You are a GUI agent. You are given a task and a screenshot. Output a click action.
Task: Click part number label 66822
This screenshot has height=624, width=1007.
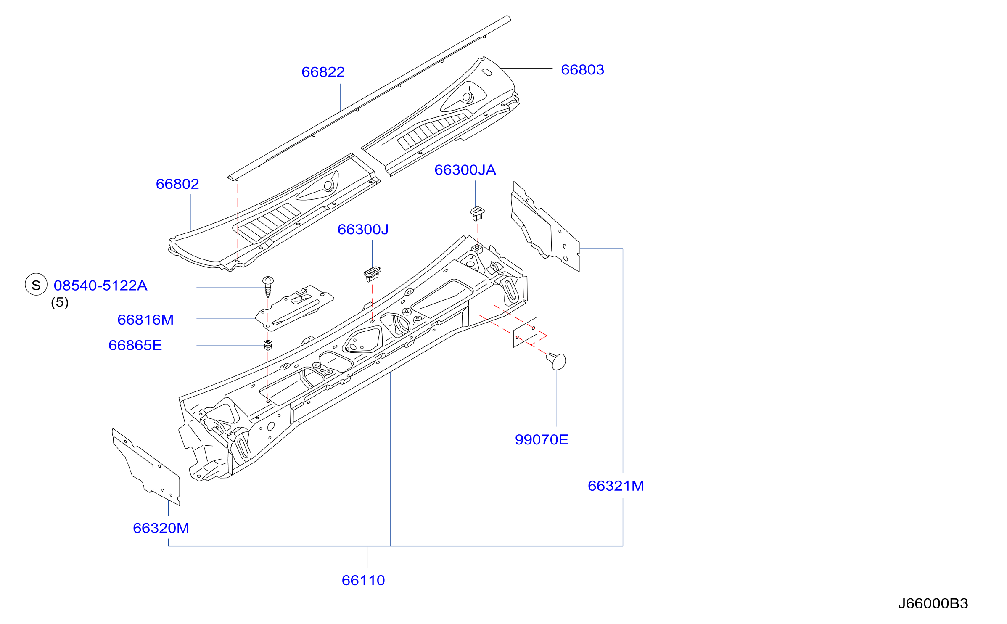pyautogui.click(x=323, y=72)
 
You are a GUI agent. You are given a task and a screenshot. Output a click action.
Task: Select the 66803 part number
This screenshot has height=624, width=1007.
pyautogui.click(x=582, y=69)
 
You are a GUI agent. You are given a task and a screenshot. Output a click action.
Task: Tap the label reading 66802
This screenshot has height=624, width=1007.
pyautogui.click(x=177, y=184)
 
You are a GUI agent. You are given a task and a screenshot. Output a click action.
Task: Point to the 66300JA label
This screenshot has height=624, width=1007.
pyautogui.click(x=465, y=170)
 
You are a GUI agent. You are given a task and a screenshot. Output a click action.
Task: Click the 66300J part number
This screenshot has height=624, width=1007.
pyautogui.click(x=363, y=229)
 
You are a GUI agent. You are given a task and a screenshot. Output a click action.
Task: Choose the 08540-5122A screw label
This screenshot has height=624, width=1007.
pyautogui.click(x=100, y=286)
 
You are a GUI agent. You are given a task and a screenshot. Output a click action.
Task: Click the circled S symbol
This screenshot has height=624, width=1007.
pyautogui.click(x=36, y=284)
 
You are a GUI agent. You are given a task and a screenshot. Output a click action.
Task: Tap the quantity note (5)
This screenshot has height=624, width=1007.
pyautogui.click(x=60, y=302)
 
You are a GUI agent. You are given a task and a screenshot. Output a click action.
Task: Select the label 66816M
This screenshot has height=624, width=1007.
pyautogui.click(x=145, y=320)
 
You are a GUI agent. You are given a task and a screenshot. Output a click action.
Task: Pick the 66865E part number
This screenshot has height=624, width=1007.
pyautogui.click(x=135, y=345)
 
